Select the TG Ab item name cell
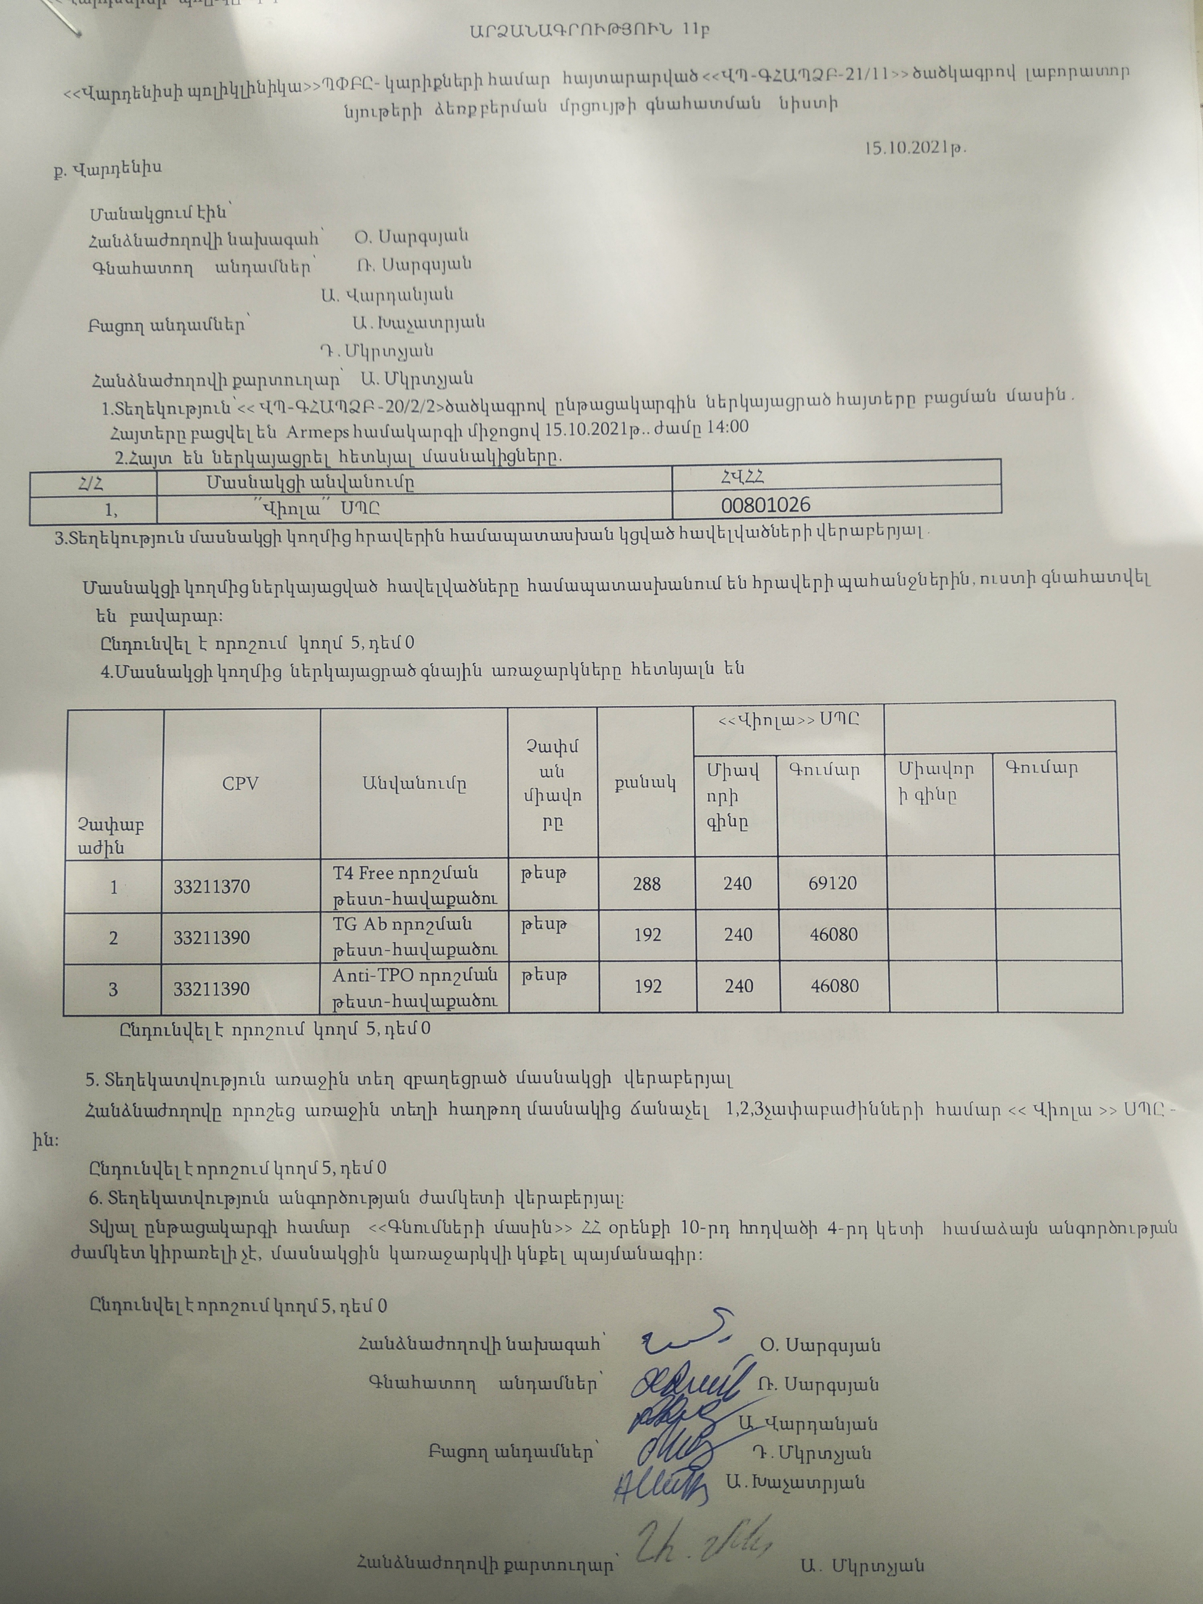pyautogui.click(x=414, y=937)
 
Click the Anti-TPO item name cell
pyautogui.click(x=414, y=988)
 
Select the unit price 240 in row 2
pyautogui.click(x=737, y=935)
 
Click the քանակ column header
pyautogui.click(x=645, y=782)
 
